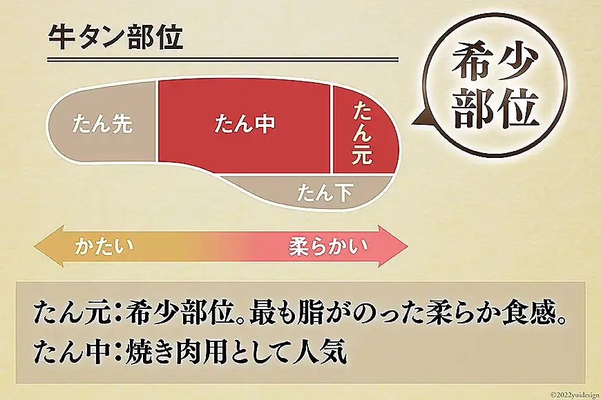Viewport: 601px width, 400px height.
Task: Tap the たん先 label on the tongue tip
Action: click(102, 124)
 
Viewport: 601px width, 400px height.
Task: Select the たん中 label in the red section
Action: click(245, 124)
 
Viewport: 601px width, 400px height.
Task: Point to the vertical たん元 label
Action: click(363, 132)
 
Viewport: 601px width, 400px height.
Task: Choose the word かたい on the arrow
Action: click(104, 246)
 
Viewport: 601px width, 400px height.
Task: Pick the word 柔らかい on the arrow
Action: click(327, 246)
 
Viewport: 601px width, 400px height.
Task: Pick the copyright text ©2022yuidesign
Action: click(575, 394)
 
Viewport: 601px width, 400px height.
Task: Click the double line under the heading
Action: click(223, 60)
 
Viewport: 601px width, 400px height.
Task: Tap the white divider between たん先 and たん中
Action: click(157, 121)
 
